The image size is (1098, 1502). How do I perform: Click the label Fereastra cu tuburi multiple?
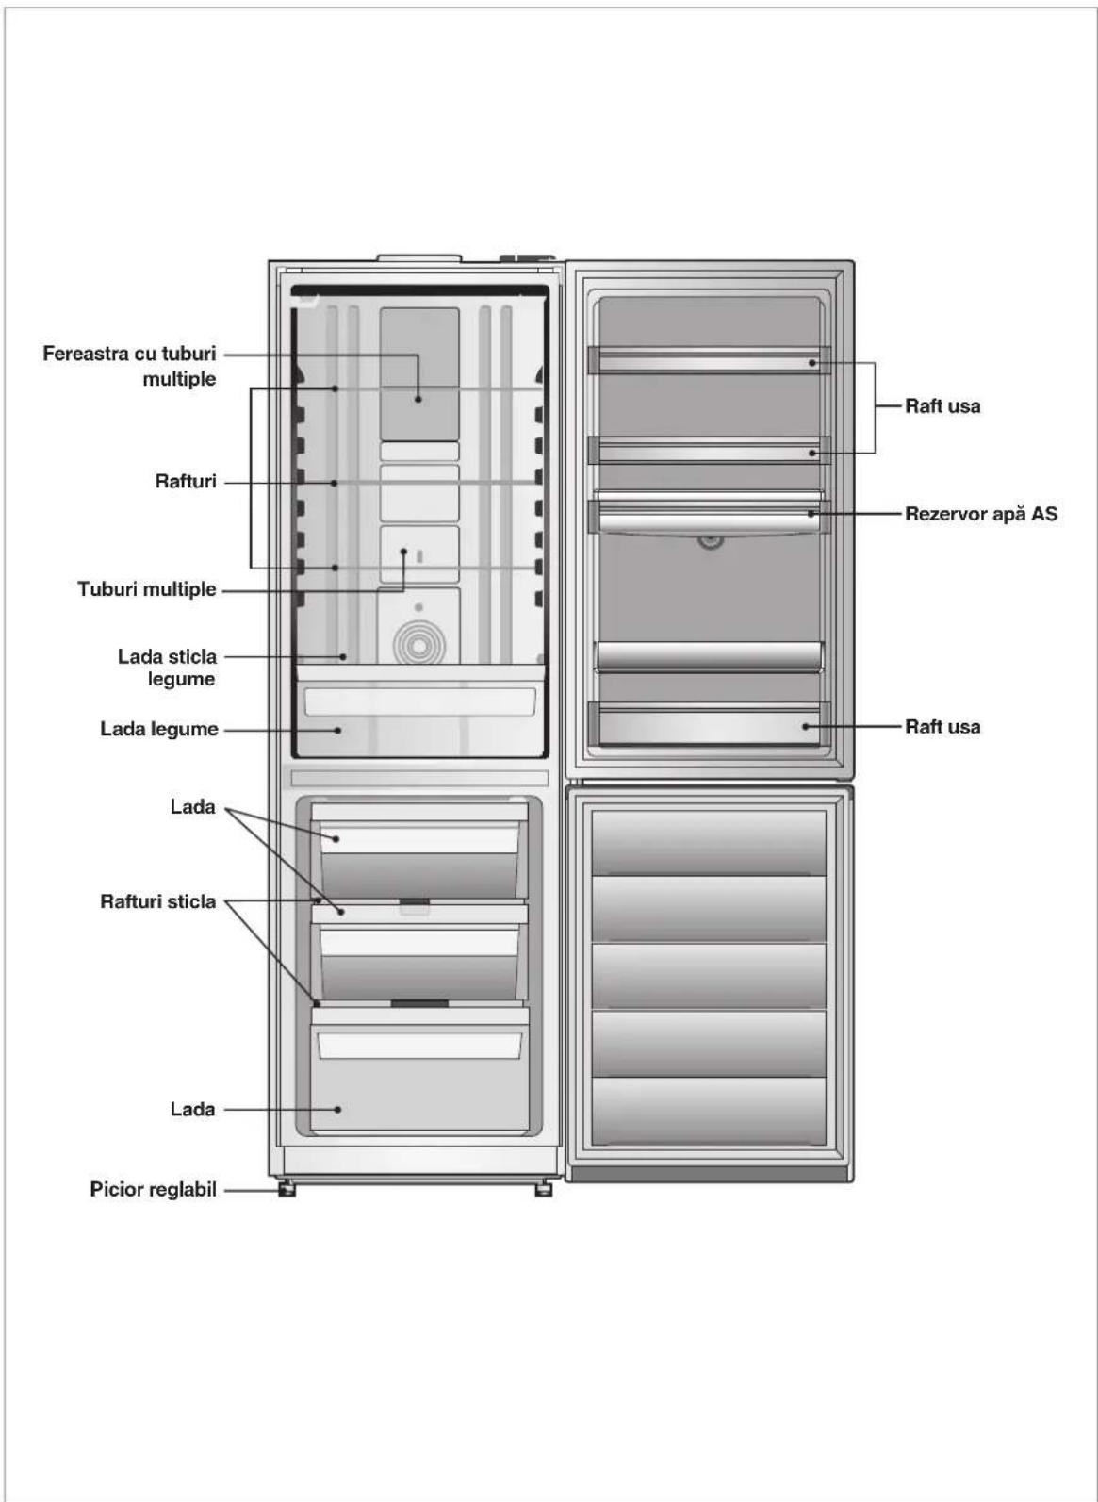click(x=129, y=366)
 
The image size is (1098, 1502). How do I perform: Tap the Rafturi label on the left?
click(x=186, y=482)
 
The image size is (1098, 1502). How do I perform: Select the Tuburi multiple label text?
click(x=147, y=588)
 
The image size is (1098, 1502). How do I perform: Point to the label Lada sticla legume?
click(x=167, y=668)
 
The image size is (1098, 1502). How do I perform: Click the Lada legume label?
click(x=159, y=729)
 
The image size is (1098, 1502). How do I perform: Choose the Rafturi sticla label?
click(x=158, y=901)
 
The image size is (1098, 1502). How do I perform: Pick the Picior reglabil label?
click(x=153, y=1190)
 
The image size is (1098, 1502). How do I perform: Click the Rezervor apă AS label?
click(x=981, y=514)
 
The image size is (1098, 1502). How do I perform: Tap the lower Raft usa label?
click(x=942, y=726)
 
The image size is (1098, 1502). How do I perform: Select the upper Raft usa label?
click(x=942, y=405)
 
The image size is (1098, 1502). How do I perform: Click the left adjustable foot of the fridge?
click(x=287, y=1189)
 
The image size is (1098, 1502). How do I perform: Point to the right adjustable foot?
click(x=543, y=1189)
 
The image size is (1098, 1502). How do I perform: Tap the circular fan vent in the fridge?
click(x=418, y=647)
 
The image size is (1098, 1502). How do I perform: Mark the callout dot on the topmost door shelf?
click(x=811, y=363)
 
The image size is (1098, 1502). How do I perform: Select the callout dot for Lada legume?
click(x=338, y=730)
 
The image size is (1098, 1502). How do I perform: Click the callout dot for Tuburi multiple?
click(x=403, y=552)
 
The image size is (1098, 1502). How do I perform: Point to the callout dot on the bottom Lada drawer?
click(x=337, y=1109)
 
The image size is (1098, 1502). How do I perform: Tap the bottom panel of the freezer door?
click(x=709, y=1111)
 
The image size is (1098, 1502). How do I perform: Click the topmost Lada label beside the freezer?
click(x=192, y=807)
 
